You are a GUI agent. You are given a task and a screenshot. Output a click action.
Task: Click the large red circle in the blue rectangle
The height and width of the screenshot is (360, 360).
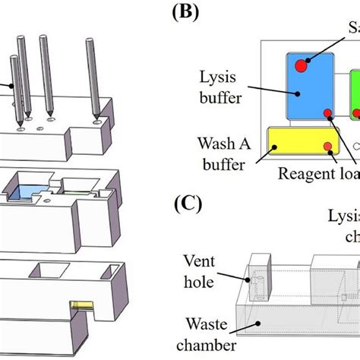point(301,67)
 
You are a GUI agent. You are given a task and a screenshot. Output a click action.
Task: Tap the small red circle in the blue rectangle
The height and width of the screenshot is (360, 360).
point(327,114)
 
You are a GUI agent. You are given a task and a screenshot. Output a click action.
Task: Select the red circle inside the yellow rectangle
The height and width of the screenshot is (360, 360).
point(327,147)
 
